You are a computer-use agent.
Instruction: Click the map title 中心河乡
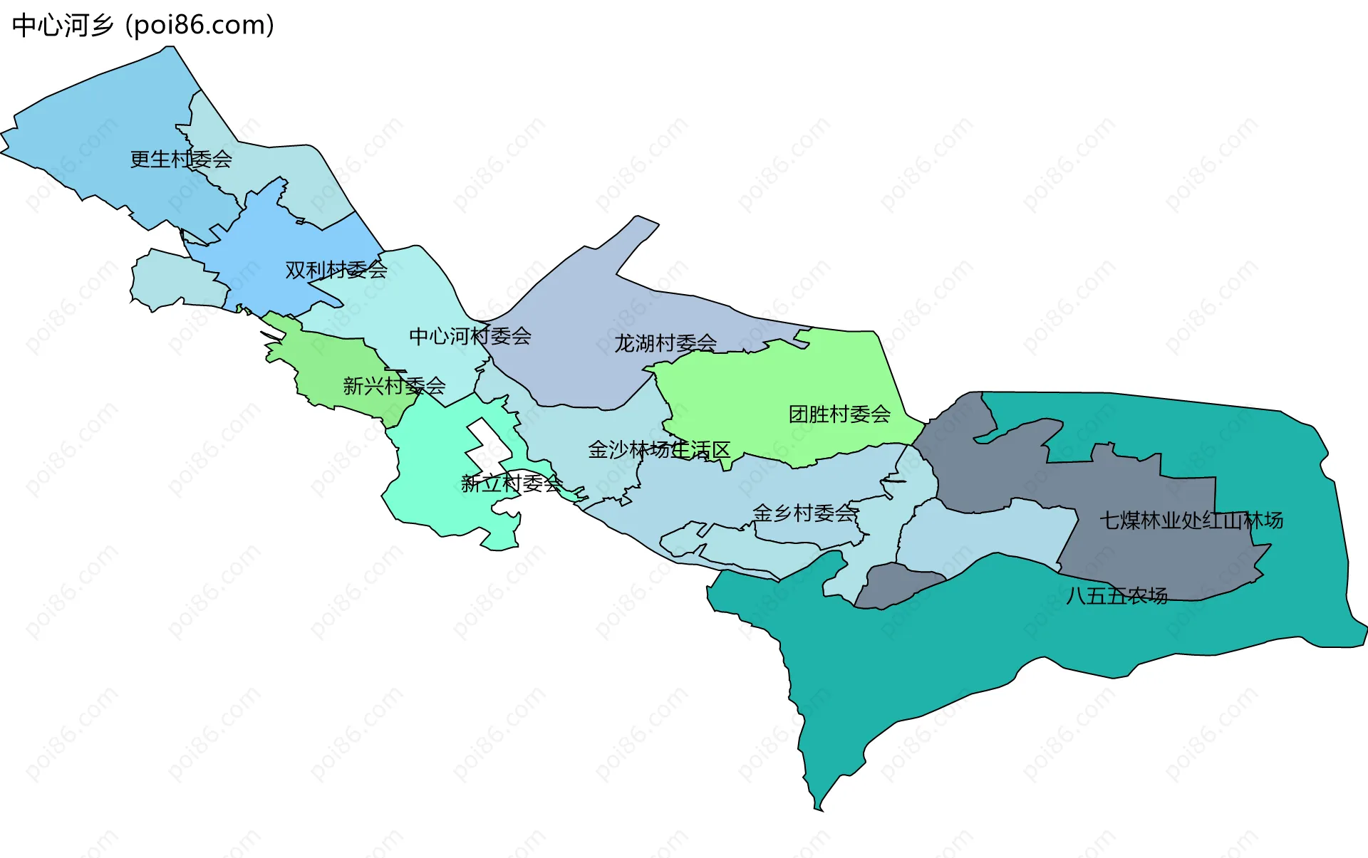[x=63, y=26]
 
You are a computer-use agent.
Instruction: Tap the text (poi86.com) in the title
[x=200, y=26]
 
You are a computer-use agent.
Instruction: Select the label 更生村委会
[x=181, y=159]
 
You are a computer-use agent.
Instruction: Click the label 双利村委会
[x=336, y=270]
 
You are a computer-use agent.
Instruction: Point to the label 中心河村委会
[x=470, y=336]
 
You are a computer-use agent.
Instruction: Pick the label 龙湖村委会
[x=665, y=343]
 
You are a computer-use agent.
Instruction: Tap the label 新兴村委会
[x=394, y=386]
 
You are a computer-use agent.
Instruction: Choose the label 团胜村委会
[x=839, y=414]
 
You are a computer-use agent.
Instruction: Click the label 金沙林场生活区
[x=659, y=450]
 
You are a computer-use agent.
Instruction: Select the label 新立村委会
[x=512, y=484]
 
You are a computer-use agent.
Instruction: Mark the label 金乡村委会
[x=804, y=513]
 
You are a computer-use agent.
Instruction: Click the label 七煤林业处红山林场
[x=1191, y=520]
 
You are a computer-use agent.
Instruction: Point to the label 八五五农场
[x=1116, y=595]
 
